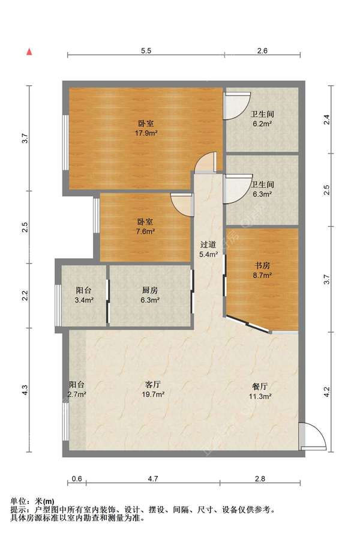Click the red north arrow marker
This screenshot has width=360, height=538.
point(30,52)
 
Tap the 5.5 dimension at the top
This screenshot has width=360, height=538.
point(146,51)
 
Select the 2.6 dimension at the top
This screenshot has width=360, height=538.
point(262,51)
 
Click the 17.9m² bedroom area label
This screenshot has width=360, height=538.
point(146,128)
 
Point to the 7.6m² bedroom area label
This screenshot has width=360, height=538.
point(146,227)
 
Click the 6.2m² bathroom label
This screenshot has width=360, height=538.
point(262,119)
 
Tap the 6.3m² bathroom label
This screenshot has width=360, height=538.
point(262,189)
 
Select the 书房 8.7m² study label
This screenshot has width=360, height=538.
point(262,270)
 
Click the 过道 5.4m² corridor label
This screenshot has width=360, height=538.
point(208,249)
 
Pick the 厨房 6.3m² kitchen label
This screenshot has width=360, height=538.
point(150,295)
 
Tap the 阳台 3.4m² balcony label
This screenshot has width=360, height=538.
point(84,295)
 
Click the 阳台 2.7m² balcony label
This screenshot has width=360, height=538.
point(77,389)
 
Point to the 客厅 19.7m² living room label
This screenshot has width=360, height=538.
point(153,389)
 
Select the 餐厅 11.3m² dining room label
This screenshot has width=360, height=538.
point(260,391)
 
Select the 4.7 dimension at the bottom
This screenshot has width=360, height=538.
point(153,479)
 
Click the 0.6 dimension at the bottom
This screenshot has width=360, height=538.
point(77,479)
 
